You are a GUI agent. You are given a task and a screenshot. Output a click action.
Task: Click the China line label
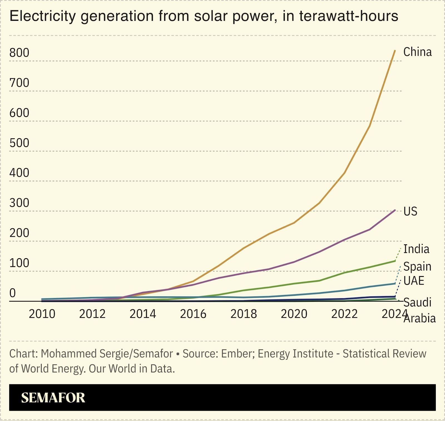417,52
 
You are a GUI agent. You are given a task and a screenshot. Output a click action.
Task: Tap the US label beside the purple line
410,211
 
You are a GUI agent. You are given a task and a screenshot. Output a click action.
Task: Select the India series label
416,249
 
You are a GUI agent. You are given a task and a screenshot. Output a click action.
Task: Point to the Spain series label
417,267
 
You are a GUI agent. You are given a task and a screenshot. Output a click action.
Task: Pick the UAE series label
414,281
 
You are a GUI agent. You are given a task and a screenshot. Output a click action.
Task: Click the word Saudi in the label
417,302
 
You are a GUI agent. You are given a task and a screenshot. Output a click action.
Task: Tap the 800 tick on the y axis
19,53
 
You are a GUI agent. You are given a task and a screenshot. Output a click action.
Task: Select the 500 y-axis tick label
19,143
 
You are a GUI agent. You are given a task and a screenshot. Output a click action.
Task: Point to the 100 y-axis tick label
19,263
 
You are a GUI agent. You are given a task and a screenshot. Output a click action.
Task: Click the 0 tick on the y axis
13,293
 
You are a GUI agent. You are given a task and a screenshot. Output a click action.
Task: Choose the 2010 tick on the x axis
42,314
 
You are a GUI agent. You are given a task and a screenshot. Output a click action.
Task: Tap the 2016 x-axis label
193,314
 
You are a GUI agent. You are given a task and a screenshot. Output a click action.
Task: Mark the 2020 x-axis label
294,314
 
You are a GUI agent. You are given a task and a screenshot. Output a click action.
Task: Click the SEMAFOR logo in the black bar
53,398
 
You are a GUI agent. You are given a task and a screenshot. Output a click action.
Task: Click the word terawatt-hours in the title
349,16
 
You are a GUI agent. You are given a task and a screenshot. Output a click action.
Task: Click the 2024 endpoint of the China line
395,51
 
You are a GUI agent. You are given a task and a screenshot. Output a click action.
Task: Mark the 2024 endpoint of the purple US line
395,210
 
